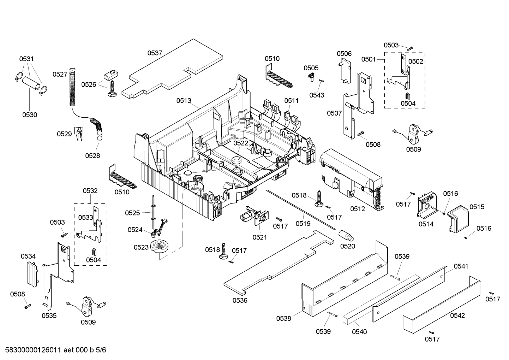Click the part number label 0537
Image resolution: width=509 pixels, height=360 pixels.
pos(155,53)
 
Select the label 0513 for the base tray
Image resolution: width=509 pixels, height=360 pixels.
pos(184,101)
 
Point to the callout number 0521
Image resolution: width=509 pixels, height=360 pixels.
pos(259,237)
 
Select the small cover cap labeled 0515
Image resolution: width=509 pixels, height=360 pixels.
pos(458,221)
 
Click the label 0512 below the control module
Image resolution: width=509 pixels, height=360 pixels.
pos(357,209)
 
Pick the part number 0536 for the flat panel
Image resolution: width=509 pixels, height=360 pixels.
pos(240,300)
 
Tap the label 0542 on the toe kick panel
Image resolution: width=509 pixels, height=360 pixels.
pos(457,315)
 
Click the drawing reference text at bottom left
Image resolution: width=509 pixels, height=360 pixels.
pos(54,350)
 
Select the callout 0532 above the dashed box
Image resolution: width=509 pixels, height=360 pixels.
pos(90,191)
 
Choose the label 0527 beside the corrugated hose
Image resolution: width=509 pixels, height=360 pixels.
pos(60,74)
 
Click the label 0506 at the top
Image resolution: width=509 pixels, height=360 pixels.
pos(344,53)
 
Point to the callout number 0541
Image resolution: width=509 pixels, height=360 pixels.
pos(461,266)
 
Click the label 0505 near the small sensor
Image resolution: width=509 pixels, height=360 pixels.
pos(311,68)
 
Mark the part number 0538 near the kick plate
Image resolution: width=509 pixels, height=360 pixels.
pos(283,318)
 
